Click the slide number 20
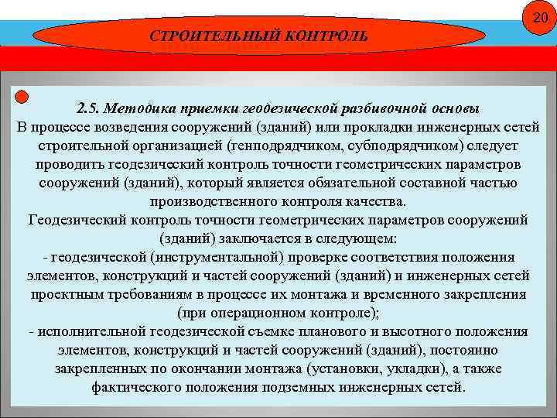click(x=540, y=18)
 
